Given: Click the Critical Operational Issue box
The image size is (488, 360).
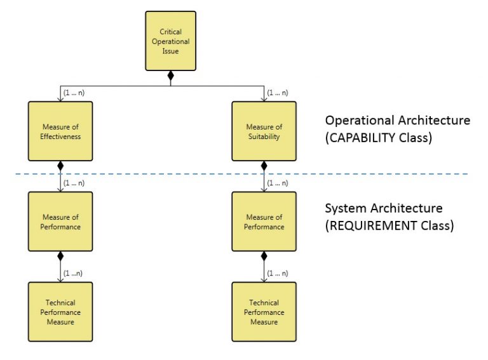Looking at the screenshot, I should pos(170,41).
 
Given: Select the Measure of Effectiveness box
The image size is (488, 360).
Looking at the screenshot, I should pos(60,131).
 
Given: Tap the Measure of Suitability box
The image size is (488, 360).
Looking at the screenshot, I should pos(264,131).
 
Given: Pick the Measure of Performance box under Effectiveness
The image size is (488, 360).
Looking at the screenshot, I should pos(60,222).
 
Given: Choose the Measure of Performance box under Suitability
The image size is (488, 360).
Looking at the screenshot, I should pos(264,222).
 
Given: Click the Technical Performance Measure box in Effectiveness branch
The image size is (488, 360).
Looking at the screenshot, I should pos(60,312).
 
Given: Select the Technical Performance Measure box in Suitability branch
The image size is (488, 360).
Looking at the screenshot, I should pos(264,312).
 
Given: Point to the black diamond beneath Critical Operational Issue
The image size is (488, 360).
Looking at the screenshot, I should pos(170,76).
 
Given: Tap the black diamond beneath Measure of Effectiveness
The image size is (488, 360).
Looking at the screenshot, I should pos(60,166).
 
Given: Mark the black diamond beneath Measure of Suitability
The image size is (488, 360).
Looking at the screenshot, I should pos(264,166).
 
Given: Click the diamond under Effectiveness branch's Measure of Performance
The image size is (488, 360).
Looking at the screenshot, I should pos(60,257).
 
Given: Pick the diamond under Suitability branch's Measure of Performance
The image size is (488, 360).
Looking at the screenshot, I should pos(264,257).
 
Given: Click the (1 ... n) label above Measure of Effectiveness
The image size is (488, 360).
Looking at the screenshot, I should pos(74,93).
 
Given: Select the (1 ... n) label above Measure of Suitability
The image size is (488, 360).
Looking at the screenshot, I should pos(278,93).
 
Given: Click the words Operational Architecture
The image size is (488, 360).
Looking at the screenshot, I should pos(398,120).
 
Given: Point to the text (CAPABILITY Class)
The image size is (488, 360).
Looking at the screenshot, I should pos(379,137).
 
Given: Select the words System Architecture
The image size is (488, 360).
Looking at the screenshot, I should pos(384,208).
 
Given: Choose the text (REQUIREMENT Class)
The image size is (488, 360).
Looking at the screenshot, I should pos(390,225).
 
